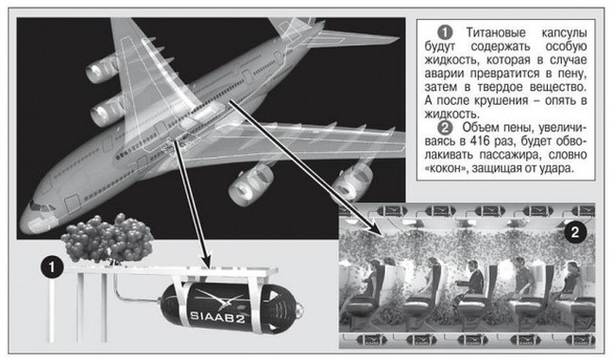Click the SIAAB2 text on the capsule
(218, 317)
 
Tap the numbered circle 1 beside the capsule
(52, 267)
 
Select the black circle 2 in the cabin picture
(574, 232)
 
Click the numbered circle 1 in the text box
(444, 33)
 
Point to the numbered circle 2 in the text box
(444, 128)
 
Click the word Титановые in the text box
(496, 33)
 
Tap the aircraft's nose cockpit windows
(42, 207)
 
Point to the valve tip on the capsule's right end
(299, 311)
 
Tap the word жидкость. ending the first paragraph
(451, 114)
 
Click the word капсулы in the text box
(564, 33)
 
